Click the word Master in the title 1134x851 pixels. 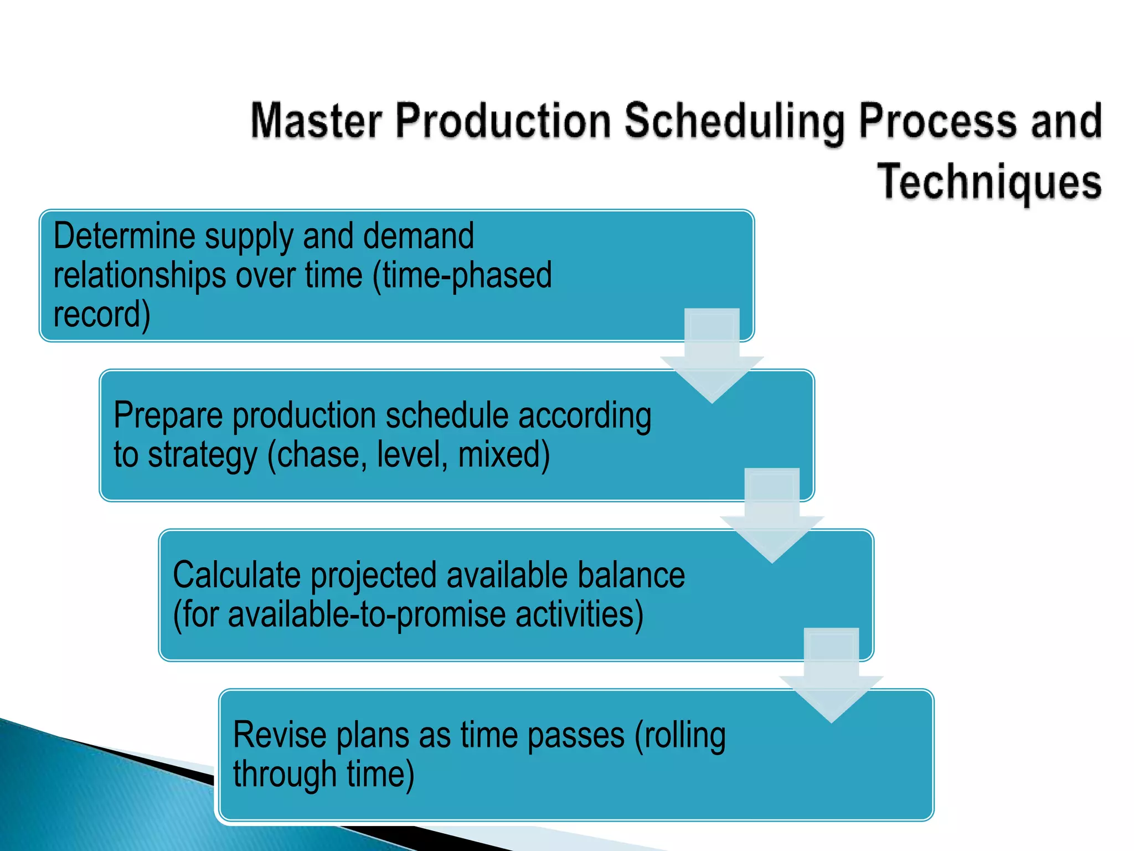pyautogui.click(x=316, y=121)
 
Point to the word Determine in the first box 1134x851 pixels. pyautogui.click(x=125, y=237)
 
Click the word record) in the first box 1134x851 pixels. pyautogui.click(x=102, y=315)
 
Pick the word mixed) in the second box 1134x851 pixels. pyautogui.click(x=504, y=455)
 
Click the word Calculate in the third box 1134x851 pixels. pyautogui.click(x=236, y=575)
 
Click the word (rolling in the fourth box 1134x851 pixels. pyautogui.click(x=680, y=735)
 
